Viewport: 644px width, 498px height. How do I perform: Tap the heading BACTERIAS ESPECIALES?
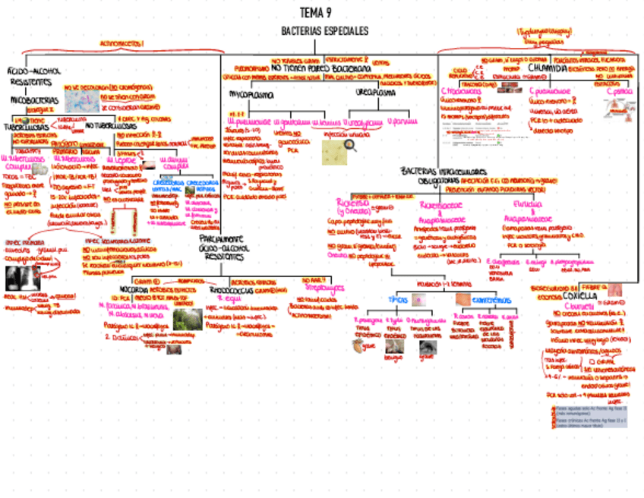pos(324,31)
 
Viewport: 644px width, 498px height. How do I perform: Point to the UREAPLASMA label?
pos(375,92)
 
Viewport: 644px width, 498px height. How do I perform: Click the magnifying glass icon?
pos(350,145)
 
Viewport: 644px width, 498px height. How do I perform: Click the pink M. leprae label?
pos(121,160)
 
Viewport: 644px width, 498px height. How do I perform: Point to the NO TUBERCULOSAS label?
pos(111,125)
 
